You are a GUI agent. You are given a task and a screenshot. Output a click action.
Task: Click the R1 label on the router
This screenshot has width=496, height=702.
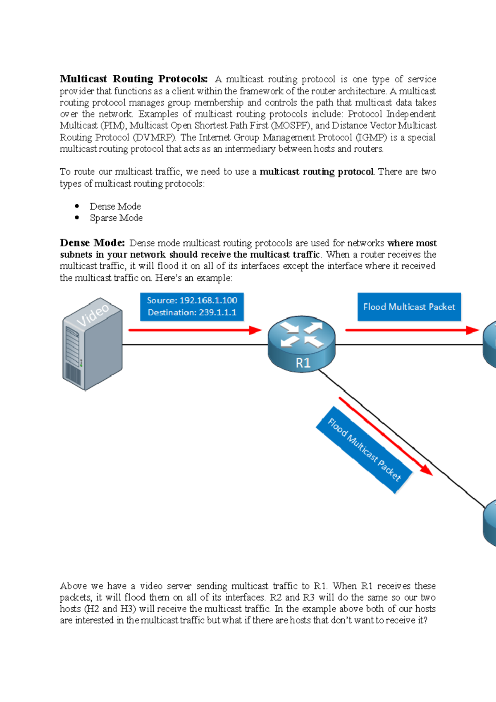tap(303, 363)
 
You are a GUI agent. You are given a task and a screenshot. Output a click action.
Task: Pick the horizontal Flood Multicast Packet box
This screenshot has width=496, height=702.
tap(409, 307)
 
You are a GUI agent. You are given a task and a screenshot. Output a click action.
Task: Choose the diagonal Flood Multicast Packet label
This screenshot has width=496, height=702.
tap(364, 450)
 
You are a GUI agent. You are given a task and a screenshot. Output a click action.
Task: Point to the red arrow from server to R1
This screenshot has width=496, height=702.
tap(194, 330)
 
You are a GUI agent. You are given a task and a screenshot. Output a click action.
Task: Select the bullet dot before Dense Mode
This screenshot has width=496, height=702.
tap(77, 206)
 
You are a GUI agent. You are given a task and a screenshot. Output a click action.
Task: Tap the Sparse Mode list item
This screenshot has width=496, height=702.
tap(116, 218)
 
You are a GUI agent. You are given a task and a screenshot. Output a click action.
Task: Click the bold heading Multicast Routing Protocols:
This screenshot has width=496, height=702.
tap(134, 79)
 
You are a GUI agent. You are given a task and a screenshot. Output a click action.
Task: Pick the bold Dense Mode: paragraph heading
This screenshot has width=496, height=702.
tap(92, 243)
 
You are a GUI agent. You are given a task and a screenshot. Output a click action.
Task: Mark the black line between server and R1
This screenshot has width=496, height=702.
tap(194, 344)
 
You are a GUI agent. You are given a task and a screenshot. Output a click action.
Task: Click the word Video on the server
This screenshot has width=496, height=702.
tap(93, 315)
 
